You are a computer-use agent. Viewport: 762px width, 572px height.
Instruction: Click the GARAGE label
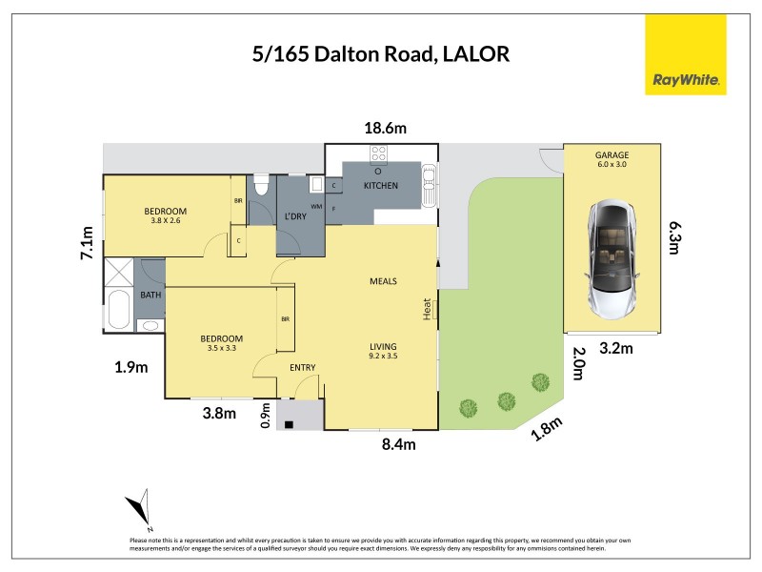pyautogui.click(x=612, y=154)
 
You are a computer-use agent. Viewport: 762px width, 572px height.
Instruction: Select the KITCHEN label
pyautogui.click(x=380, y=186)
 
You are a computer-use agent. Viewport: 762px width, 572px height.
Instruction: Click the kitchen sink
pyautogui.click(x=431, y=183)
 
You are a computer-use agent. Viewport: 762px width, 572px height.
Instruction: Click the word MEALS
pyautogui.click(x=383, y=281)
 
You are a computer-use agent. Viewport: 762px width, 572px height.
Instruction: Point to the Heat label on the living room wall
pyautogui.click(x=430, y=309)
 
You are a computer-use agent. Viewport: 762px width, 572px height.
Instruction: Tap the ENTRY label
pyautogui.click(x=302, y=368)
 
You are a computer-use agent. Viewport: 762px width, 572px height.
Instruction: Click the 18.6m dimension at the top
pyautogui.click(x=382, y=128)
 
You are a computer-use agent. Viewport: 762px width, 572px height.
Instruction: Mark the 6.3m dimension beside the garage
pyautogui.click(x=674, y=238)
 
